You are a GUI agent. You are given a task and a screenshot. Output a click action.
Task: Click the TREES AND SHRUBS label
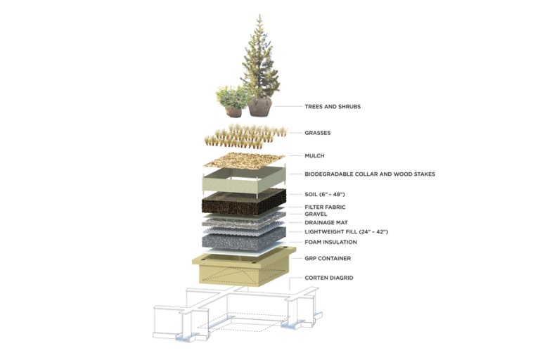(x=333, y=106)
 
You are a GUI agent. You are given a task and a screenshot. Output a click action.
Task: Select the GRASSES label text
(x=318, y=133)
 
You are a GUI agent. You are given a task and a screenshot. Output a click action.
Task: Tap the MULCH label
(x=314, y=155)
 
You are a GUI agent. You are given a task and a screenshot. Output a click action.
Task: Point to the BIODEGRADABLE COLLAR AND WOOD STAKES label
(x=370, y=174)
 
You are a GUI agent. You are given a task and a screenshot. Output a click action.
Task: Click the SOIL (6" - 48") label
(x=325, y=194)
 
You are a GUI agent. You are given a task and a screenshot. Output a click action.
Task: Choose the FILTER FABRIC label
(x=325, y=207)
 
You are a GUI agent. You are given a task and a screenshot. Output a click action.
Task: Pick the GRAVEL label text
(x=316, y=214)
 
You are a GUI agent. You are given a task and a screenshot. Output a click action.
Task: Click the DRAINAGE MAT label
(x=326, y=223)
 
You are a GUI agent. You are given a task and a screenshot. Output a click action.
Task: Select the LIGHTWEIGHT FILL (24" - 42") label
(x=347, y=232)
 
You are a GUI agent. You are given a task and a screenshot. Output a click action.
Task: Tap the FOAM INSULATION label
(x=330, y=242)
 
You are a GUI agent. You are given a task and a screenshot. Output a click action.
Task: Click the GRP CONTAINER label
(x=328, y=258)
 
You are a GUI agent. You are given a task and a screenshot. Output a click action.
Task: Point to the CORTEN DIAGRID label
(x=329, y=278)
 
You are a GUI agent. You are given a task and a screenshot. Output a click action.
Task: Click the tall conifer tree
(x=260, y=58)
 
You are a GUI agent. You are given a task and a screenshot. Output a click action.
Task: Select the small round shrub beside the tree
(x=232, y=97)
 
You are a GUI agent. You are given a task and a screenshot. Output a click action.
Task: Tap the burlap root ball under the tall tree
(x=260, y=106)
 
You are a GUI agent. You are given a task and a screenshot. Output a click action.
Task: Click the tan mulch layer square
(x=245, y=160)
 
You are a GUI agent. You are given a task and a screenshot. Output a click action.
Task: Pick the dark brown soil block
(x=244, y=202)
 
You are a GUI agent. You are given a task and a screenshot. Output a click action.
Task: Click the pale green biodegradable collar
(x=244, y=181)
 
